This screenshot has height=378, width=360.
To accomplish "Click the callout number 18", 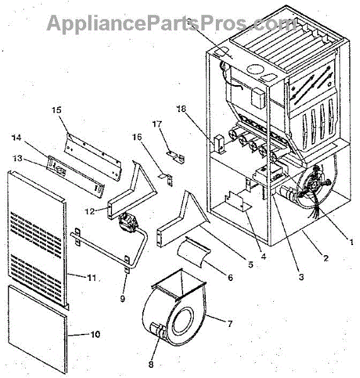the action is [181, 109].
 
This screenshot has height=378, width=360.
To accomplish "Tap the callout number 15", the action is [57, 110].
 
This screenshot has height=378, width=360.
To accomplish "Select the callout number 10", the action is [95, 335].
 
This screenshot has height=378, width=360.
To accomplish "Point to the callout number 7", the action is [230, 324].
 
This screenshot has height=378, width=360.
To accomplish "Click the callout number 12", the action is [90, 212].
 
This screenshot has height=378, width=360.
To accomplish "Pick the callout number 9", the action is [123, 299].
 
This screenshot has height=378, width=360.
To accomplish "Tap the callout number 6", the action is [230, 277].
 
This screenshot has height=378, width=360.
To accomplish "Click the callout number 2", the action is [326, 258].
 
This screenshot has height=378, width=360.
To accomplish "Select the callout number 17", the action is [157, 124].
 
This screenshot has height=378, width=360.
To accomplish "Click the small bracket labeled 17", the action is [176, 157].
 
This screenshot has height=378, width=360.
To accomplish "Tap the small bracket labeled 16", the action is [166, 179].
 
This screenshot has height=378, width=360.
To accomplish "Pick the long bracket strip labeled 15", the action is [93, 156].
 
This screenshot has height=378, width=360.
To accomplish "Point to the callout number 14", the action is [16, 137].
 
